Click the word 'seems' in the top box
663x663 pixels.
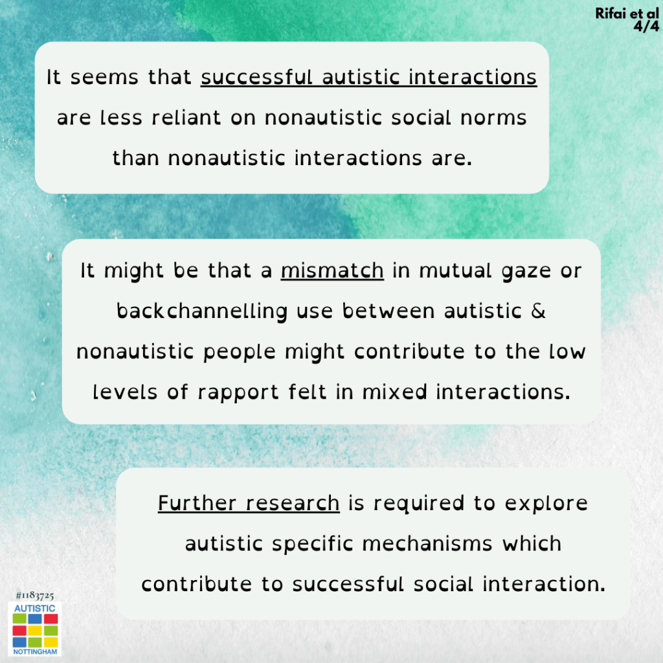[104, 78]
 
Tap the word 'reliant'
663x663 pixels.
[186, 118]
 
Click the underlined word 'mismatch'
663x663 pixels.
[332, 271]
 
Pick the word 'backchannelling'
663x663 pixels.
[202, 311]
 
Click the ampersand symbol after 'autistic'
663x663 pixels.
[538, 311]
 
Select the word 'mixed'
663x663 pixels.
[395, 392]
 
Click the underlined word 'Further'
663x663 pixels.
[197, 503]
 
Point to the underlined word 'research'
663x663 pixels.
[293, 504]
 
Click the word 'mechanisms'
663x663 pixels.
[427, 544]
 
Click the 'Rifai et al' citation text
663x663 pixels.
[627, 14]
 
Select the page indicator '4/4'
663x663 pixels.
[646, 26]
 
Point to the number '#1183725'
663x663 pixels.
[35, 596]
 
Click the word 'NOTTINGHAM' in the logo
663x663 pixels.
[35, 651]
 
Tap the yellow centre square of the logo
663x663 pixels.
[35, 631]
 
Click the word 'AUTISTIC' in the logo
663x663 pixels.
[35, 609]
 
